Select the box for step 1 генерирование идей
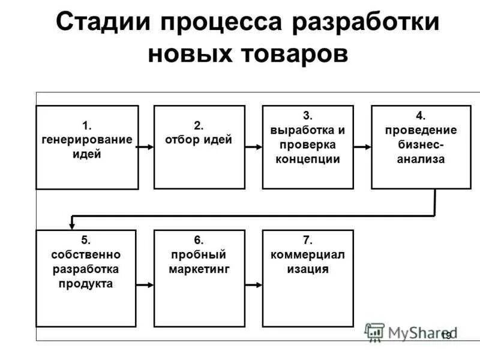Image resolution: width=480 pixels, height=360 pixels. pyautogui.click(x=87, y=147)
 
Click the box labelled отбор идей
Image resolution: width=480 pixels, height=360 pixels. pyautogui.click(x=199, y=147)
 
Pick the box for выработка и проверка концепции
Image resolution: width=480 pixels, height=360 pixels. pyautogui.click(x=308, y=147)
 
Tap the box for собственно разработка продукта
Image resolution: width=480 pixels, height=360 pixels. pyautogui.click(x=87, y=278)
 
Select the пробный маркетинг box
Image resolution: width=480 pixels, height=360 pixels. pyautogui.click(x=199, y=278)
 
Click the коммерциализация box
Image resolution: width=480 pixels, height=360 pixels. pyautogui.click(x=308, y=278)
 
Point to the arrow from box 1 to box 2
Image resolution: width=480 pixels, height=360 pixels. pyautogui.click(x=146, y=146)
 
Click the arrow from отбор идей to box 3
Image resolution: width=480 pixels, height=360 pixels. pyautogui.click(x=254, y=146)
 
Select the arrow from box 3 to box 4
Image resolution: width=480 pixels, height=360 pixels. pyautogui.click(x=362, y=146)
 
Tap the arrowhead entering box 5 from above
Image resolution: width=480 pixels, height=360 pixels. pyautogui.click(x=73, y=224)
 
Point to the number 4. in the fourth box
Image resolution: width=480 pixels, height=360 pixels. pyautogui.click(x=421, y=115)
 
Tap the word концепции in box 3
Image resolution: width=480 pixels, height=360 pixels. pyautogui.click(x=308, y=159)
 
